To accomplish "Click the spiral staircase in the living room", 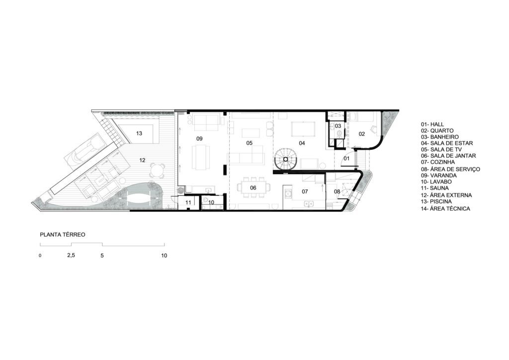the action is tap(286, 159).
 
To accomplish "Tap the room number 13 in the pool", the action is tap(139, 133).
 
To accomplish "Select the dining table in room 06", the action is tap(254, 187).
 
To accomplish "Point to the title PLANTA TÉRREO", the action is tap(62, 234).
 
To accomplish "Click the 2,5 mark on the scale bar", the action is tap(71, 255).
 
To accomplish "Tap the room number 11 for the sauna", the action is tap(188, 202).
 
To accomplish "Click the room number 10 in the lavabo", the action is tap(211, 202).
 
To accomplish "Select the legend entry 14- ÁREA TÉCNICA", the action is tap(445, 209).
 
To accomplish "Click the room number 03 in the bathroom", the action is tap(338, 126).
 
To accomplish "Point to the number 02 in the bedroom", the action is tap(362, 134).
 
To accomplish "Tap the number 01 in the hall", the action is tap(346, 159).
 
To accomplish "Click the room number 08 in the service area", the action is tap(337, 191).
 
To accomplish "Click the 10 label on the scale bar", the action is tap(164, 256).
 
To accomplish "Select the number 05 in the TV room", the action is tap(250, 143).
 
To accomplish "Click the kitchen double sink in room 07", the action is tap(308, 204).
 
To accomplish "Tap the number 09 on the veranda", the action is tap(199, 139).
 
